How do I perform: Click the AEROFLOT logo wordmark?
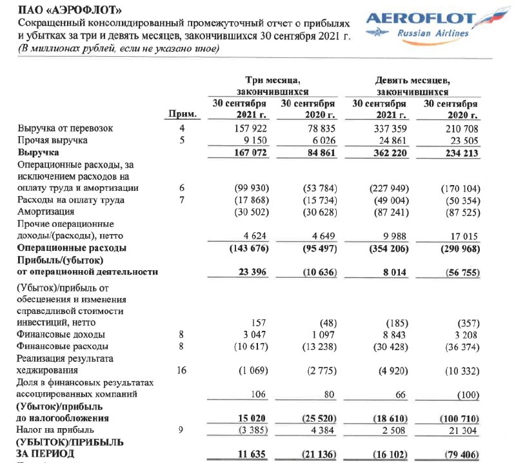tap(421, 19)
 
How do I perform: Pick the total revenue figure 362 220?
tap(389, 153)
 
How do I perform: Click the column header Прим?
tap(183, 115)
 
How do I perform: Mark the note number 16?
tap(181, 370)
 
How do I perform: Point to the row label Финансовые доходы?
tap(62, 335)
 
